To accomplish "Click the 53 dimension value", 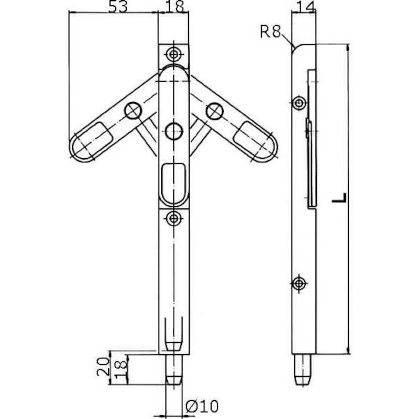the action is (118, 6).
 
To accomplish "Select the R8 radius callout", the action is (270, 31).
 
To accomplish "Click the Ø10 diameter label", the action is (202, 406).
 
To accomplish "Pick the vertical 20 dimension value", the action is (103, 367).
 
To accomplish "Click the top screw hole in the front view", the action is (174, 54).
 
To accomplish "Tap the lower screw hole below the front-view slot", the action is (174, 218).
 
